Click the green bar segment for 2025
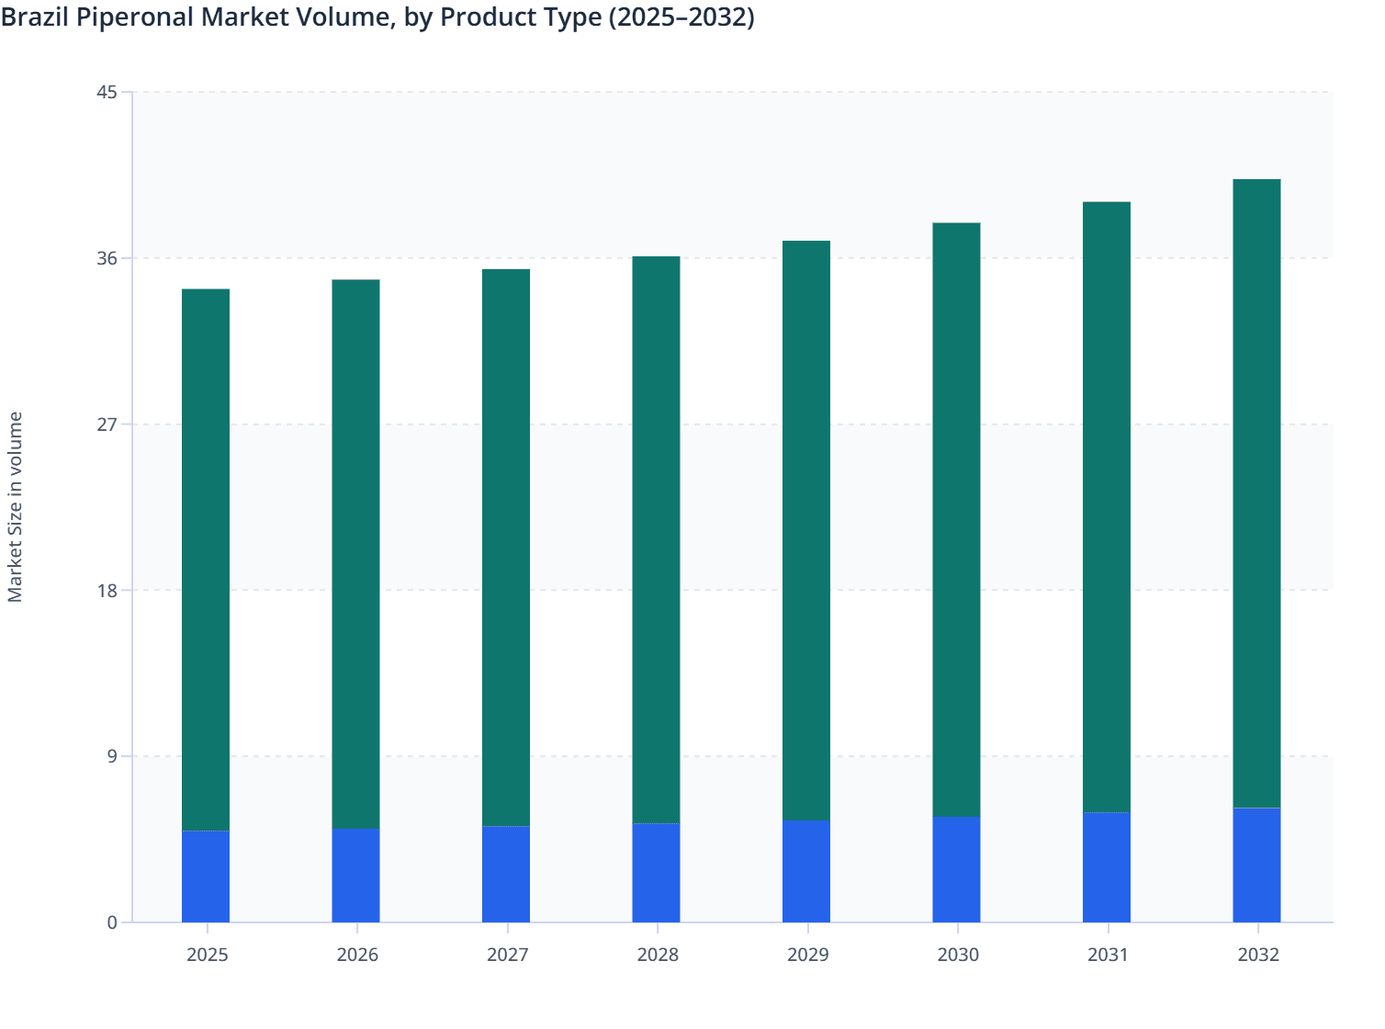(x=206, y=560)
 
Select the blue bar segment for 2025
(x=206, y=876)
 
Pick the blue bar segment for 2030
(x=956, y=869)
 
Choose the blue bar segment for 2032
(x=1256, y=865)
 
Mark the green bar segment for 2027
(x=506, y=548)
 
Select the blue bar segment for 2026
(x=355, y=875)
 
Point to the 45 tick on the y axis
(x=107, y=93)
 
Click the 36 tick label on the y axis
(x=107, y=258)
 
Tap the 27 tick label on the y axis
(x=107, y=424)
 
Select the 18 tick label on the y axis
(x=107, y=591)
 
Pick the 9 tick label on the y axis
(x=112, y=757)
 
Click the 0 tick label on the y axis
(x=112, y=922)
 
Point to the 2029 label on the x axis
(x=807, y=955)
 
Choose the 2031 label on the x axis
(x=1108, y=955)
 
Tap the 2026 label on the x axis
(x=357, y=955)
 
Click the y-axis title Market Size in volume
(x=16, y=507)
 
